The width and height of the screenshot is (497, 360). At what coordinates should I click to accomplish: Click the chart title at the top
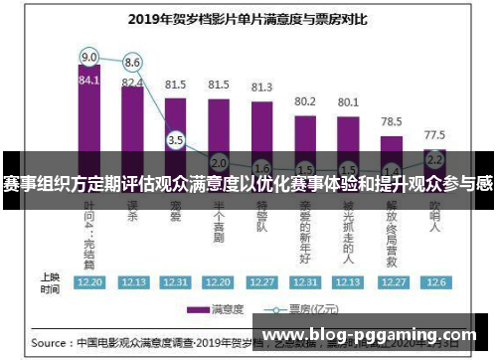coord(248,17)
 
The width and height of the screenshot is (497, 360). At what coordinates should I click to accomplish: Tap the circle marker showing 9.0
coord(89,56)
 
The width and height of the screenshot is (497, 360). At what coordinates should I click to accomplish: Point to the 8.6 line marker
coord(132,62)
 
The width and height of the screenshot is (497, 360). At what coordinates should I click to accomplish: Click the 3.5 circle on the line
coord(176,140)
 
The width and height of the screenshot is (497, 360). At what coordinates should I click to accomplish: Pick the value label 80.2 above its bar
coord(305,100)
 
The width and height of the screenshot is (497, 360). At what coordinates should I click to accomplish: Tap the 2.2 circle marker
coord(434,158)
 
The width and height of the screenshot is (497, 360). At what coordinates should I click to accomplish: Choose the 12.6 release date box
coord(434,282)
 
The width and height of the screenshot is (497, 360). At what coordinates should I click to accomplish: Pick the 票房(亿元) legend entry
coord(298,308)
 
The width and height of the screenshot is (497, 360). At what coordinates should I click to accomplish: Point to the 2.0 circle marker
coord(219,161)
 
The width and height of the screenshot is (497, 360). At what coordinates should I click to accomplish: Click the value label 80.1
coord(348,101)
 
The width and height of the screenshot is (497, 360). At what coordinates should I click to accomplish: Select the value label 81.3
coord(262,88)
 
